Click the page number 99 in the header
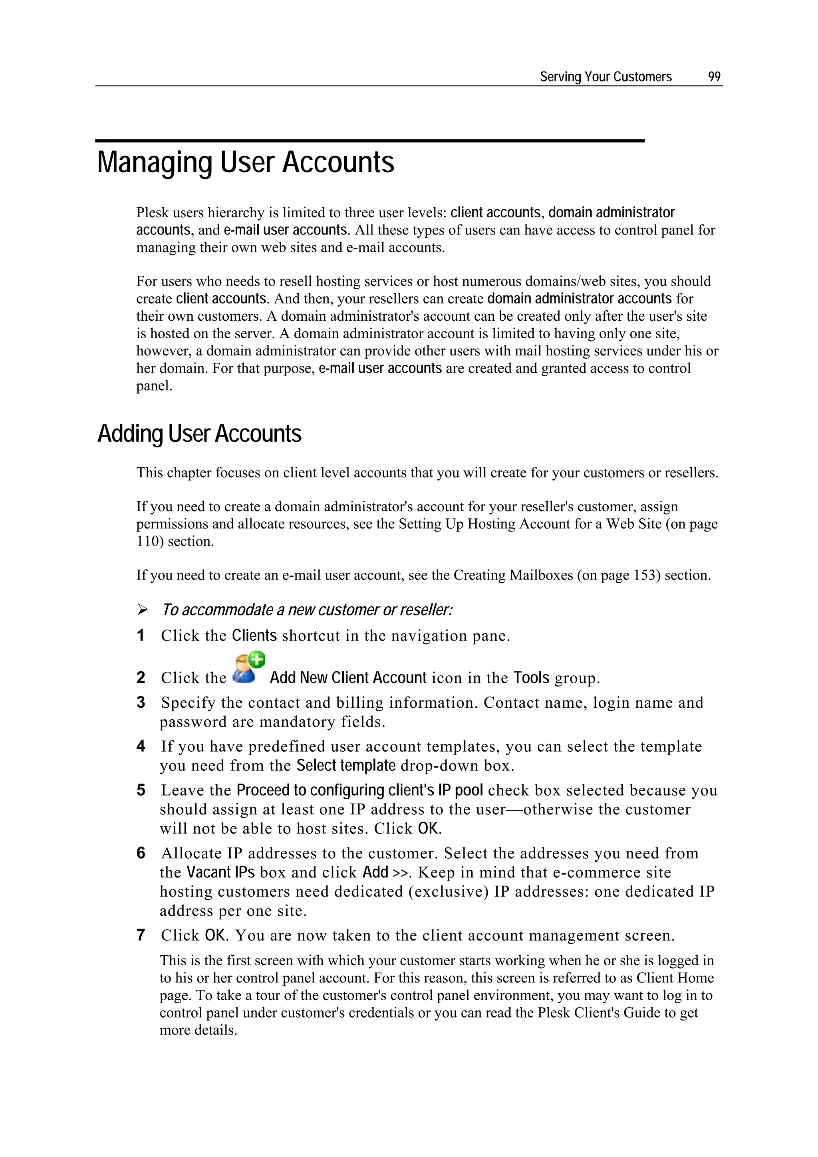tap(714, 77)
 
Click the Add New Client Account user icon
tap(248, 668)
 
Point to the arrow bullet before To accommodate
tap(143, 610)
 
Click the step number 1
tap(141, 635)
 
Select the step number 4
tap(141, 746)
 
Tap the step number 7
tap(141, 935)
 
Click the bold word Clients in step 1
tap(254, 635)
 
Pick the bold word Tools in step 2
tap(531, 678)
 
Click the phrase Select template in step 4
tap(346, 766)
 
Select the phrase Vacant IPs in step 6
tap(220, 872)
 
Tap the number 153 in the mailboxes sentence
tap(647, 575)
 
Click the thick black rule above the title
tap(370, 141)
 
